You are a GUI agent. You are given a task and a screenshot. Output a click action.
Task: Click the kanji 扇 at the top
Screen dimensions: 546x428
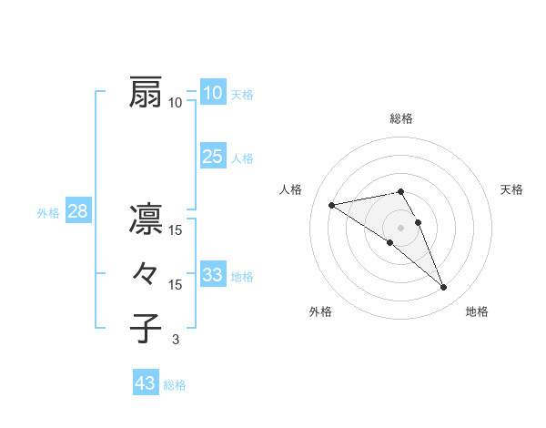pyautogui.click(x=146, y=93)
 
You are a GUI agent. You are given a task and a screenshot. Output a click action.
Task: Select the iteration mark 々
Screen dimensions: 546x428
pyautogui.click(x=146, y=274)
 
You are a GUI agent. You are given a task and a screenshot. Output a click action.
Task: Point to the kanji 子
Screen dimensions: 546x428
pyautogui.click(x=146, y=329)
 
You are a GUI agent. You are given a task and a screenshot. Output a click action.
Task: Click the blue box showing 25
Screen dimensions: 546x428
pyautogui.click(x=213, y=157)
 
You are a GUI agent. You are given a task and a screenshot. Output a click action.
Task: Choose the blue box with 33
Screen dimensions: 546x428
pyautogui.click(x=213, y=275)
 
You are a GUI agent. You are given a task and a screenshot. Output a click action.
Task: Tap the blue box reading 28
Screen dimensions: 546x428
pyautogui.click(x=77, y=212)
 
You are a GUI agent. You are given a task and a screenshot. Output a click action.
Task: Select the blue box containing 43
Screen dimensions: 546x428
pyautogui.click(x=145, y=383)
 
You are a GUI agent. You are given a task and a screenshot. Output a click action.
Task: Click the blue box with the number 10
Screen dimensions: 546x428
pyautogui.click(x=213, y=93)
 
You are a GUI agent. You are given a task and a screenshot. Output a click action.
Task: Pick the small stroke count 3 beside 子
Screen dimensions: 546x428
pyautogui.click(x=176, y=341)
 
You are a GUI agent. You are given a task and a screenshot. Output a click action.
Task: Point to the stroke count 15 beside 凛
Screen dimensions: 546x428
pyautogui.click(x=176, y=230)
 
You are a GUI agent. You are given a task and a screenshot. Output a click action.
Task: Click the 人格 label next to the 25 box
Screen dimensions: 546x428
pyautogui.click(x=242, y=158)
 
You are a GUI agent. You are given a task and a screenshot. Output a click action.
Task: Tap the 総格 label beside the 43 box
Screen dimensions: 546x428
pyautogui.click(x=175, y=385)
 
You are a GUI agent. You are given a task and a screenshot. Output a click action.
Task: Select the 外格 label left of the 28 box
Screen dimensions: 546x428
pyautogui.click(x=48, y=213)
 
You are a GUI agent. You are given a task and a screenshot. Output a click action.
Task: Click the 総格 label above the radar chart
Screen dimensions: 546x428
pyautogui.click(x=400, y=118)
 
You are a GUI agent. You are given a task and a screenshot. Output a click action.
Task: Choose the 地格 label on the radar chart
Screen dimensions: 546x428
pyautogui.click(x=477, y=311)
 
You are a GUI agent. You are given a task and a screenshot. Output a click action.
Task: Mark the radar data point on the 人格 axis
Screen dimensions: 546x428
pyautogui.click(x=331, y=204)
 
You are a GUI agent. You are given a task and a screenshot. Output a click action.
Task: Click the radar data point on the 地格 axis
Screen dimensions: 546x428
pyautogui.click(x=444, y=288)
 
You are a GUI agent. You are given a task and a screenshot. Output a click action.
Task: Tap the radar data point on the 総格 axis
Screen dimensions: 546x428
pyautogui.click(x=400, y=191)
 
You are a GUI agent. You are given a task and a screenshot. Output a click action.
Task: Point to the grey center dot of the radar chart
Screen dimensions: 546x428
pyautogui.click(x=400, y=226)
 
